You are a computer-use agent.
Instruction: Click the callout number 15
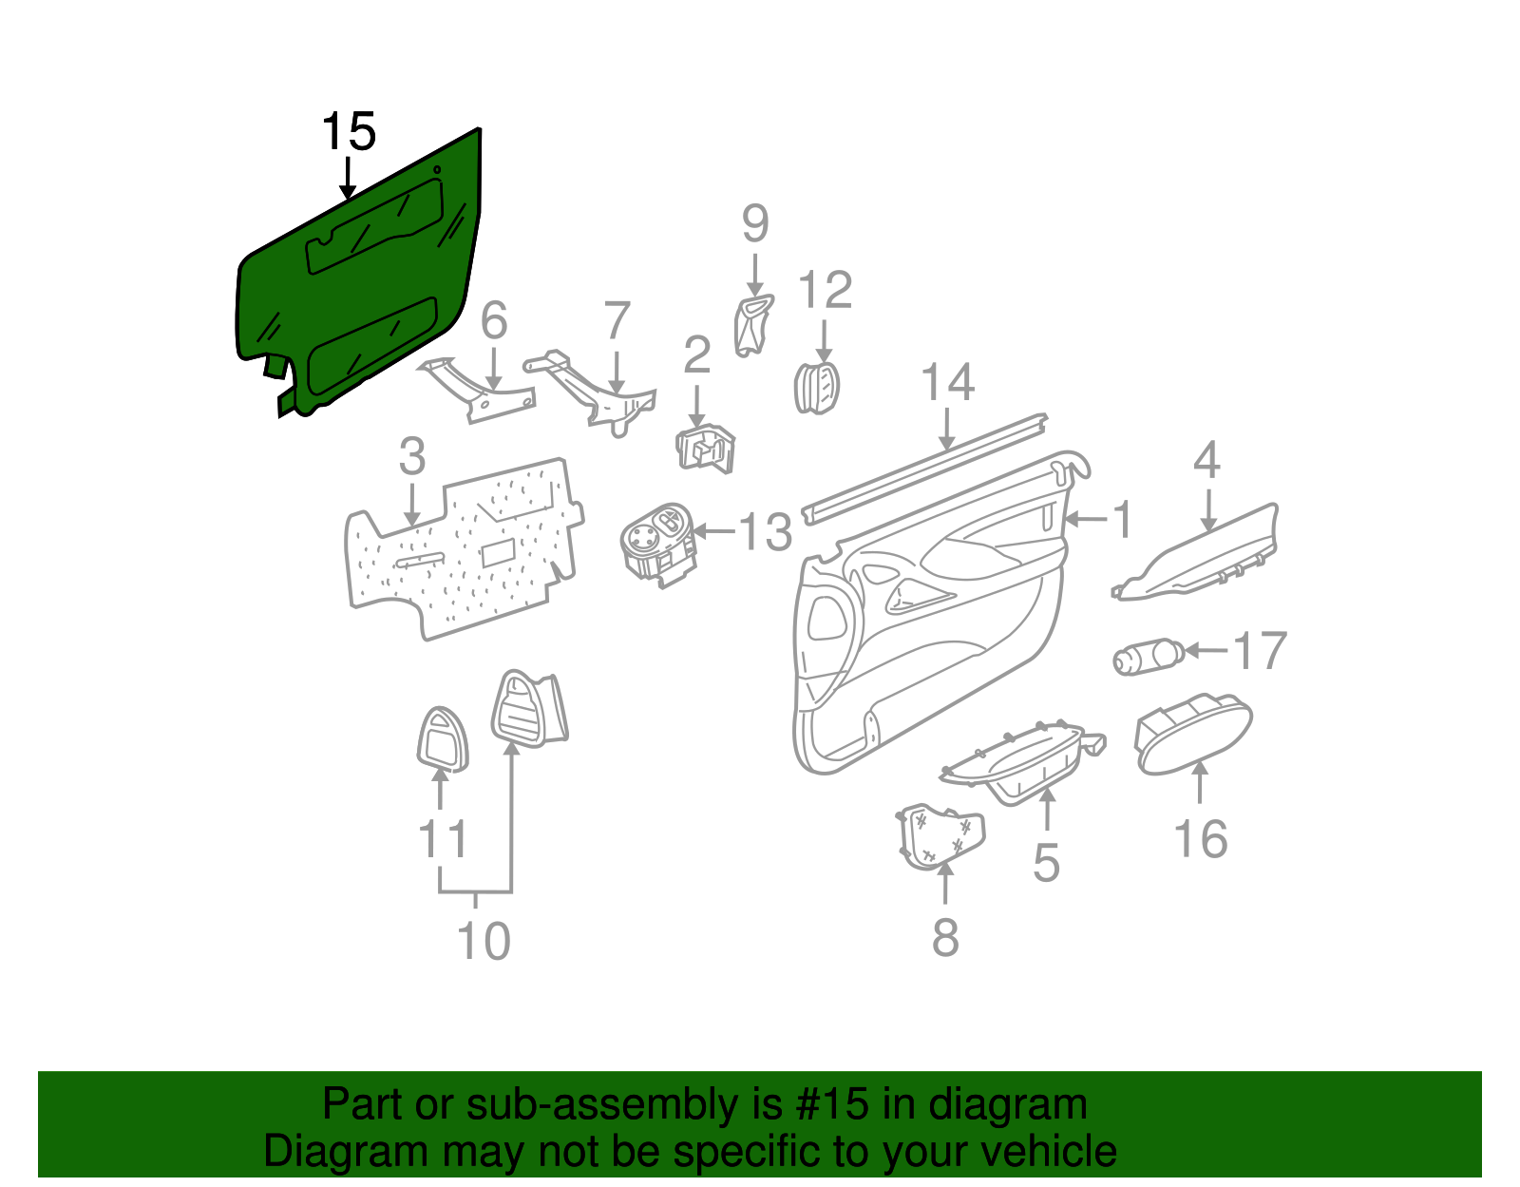[349, 132]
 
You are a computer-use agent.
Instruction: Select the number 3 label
[411, 457]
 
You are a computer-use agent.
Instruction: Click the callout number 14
[947, 383]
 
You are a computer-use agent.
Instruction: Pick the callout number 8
[945, 937]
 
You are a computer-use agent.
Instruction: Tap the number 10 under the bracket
[484, 941]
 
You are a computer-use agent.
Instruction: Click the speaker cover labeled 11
[443, 738]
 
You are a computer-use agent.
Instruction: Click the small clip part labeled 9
[752, 325]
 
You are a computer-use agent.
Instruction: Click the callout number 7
[617, 321]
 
